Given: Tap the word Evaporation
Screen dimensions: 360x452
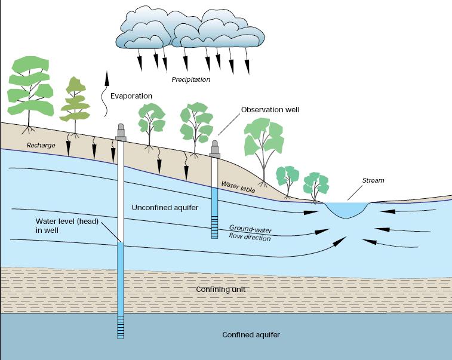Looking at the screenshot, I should click(x=131, y=96).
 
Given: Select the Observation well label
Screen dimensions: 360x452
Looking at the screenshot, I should click(x=270, y=110).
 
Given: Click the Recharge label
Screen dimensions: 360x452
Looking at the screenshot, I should click(x=41, y=145).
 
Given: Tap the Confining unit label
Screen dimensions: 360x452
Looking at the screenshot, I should click(x=220, y=290).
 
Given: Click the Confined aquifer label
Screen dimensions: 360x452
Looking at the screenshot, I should click(x=251, y=335).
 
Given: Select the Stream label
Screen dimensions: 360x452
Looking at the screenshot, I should click(x=373, y=180).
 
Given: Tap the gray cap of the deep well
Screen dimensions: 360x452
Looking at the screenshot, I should click(x=121, y=133).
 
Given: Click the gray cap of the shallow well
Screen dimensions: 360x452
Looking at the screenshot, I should click(x=215, y=149).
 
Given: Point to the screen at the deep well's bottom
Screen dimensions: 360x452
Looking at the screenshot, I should click(x=121, y=327).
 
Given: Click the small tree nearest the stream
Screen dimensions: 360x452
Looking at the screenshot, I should click(x=315, y=184).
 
